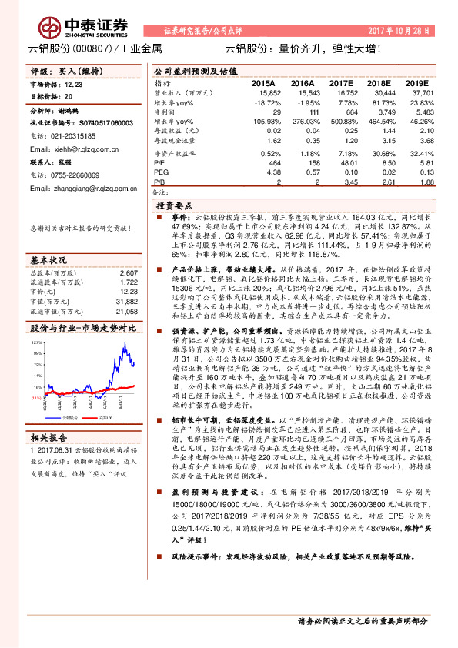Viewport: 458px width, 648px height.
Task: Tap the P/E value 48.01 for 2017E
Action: click(339, 164)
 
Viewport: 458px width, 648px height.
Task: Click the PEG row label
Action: click(161, 174)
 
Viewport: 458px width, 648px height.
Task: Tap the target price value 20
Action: click(69, 97)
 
